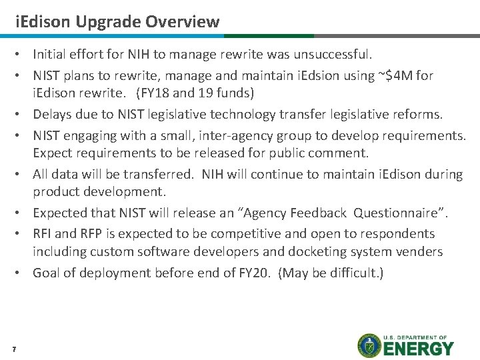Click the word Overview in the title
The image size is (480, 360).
click(184, 21)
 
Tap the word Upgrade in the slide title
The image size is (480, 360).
click(109, 21)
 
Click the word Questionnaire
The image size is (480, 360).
click(399, 213)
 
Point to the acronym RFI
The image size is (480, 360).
click(43, 234)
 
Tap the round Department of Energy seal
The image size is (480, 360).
click(369, 346)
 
